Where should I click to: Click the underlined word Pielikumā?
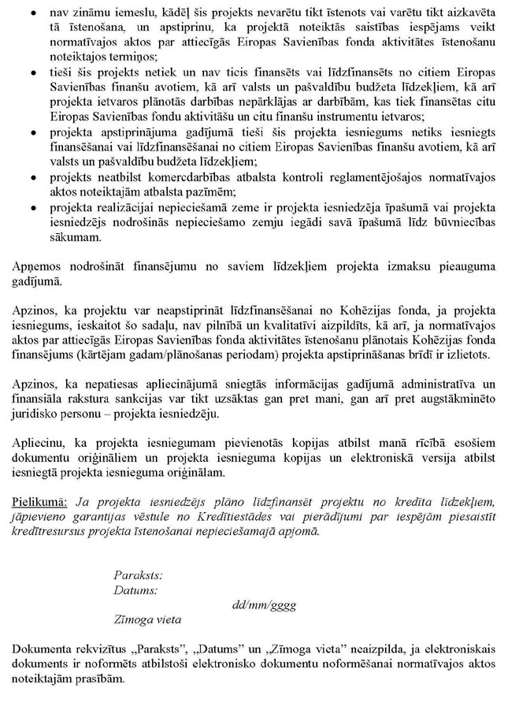point(41,502)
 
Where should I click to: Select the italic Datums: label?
point(135,589)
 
